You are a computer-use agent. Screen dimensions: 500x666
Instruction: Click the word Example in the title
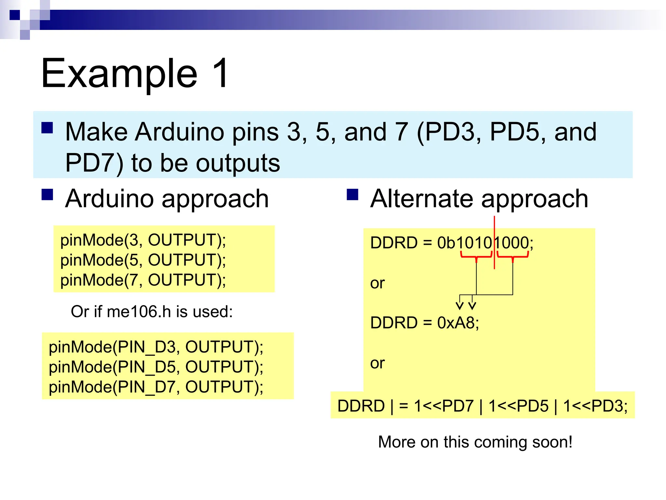(119, 74)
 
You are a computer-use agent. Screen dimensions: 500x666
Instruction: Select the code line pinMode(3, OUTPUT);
(143, 240)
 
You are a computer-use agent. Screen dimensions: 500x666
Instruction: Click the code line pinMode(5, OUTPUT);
(143, 260)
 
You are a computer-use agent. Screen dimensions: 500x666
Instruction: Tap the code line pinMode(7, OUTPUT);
(143, 280)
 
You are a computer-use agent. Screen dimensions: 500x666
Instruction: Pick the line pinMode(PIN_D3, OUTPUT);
(156, 347)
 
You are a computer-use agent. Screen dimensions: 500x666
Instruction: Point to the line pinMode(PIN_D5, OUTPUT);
(156, 367)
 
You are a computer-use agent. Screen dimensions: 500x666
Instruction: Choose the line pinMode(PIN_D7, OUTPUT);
(156, 387)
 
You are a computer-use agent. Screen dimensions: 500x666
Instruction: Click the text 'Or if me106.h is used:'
(152, 312)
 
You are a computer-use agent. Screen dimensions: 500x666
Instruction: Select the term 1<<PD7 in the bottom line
(444, 406)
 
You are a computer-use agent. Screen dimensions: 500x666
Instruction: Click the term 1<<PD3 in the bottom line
(593, 406)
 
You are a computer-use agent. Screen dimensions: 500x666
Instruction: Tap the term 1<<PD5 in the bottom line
(518, 406)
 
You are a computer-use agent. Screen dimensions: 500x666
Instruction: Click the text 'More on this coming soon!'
(475, 442)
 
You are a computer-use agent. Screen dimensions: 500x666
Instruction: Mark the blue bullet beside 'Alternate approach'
(353, 195)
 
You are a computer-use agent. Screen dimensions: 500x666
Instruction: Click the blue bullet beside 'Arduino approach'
(47, 195)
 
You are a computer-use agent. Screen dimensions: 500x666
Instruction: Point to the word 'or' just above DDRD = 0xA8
(377, 283)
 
